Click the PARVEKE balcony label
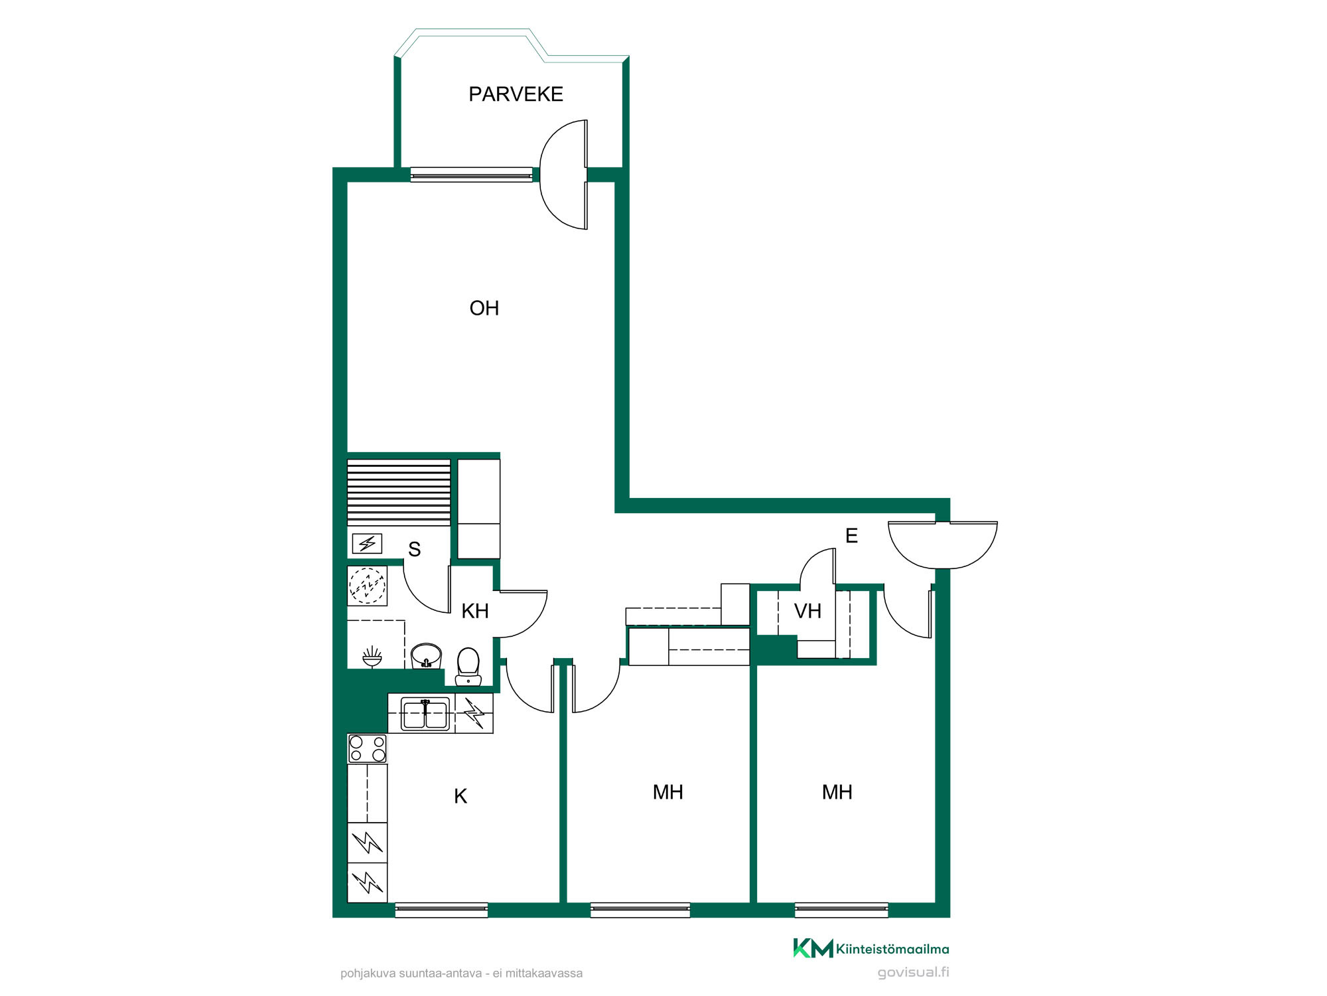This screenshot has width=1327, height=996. [x=516, y=94]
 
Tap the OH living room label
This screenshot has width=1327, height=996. [x=484, y=308]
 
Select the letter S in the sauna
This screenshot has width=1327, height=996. [x=414, y=549]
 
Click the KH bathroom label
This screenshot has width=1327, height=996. [x=475, y=611]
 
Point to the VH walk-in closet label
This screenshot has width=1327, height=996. [x=807, y=611]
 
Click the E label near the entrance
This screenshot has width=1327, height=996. [x=851, y=536]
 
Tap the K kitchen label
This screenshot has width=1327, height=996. [x=460, y=796]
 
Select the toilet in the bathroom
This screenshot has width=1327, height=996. [x=468, y=666]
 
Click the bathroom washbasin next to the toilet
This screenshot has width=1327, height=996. [x=426, y=656]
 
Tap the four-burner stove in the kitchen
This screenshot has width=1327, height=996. [x=368, y=748]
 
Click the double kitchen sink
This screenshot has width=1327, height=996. [x=425, y=714]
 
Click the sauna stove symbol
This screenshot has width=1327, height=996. [x=367, y=544]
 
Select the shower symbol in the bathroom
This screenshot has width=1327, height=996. [x=372, y=657]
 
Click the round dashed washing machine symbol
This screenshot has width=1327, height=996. [x=367, y=586]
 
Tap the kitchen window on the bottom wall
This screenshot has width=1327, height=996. [x=441, y=910]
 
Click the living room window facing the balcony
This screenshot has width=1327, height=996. [x=471, y=175]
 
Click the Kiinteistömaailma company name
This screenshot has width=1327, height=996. [x=892, y=949]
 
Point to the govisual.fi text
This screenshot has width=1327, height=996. [x=913, y=973]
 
